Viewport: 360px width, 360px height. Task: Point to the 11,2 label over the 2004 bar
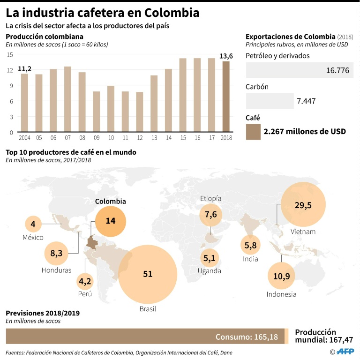(24, 69)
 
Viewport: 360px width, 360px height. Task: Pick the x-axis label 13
(154, 138)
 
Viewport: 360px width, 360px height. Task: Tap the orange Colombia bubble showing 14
(111, 221)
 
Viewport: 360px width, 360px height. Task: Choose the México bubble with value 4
(33, 224)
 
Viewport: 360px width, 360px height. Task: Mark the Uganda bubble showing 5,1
(210, 257)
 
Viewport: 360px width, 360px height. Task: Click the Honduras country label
(56, 270)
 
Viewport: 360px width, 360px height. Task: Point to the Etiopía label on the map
(210, 198)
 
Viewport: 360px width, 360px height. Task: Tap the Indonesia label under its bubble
(281, 294)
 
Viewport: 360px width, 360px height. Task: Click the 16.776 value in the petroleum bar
(337, 70)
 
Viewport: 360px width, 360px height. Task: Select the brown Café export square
(253, 132)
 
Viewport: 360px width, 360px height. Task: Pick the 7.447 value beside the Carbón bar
(308, 101)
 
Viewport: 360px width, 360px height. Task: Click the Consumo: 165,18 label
(247, 337)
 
